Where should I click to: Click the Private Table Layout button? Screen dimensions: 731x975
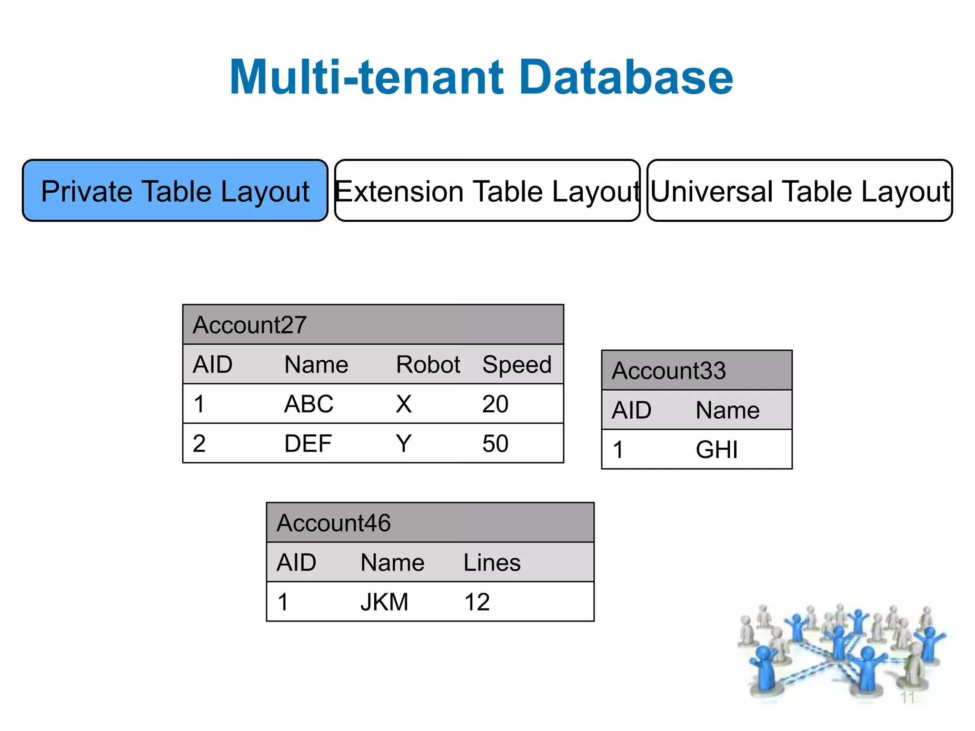pyautogui.click(x=175, y=191)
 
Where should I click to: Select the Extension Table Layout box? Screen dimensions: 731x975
pyautogui.click(x=487, y=191)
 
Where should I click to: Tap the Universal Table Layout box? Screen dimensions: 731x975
pyautogui.click(x=799, y=191)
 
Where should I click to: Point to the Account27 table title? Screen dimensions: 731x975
pyautogui.click(x=250, y=325)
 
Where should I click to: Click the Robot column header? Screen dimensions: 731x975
pyautogui.click(x=428, y=365)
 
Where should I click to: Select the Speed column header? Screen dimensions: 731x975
pyautogui.click(x=517, y=365)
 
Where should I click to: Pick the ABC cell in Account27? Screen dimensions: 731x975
pyautogui.click(x=308, y=405)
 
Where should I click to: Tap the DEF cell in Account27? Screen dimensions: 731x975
pyautogui.click(x=308, y=444)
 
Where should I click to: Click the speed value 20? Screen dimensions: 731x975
pyautogui.click(x=495, y=405)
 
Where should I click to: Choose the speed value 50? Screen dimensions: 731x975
pyautogui.click(x=495, y=444)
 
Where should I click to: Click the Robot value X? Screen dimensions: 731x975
pyautogui.click(x=404, y=405)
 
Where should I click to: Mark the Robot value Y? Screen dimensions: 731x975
pyautogui.click(x=404, y=444)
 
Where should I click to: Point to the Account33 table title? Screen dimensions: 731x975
pyautogui.click(x=669, y=371)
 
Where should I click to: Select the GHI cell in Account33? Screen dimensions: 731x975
pyautogui.click(x=716, y=450)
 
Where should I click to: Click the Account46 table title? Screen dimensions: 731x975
pyautogui.click(x=334, y=523)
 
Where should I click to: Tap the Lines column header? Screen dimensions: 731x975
pyautogui.click(x=492, y=563)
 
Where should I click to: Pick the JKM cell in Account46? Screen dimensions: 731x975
pyautogui.click(x=384, y=602)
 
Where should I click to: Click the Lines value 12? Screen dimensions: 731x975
pyautogui.click(x=477, y=602)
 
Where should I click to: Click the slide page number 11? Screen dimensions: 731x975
pyautogui.click(x=907, y=698)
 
